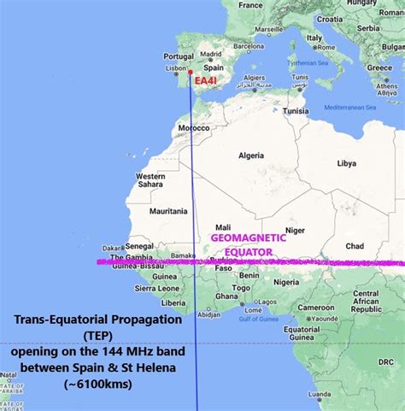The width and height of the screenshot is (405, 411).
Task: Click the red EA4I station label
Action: [x=206, y=82]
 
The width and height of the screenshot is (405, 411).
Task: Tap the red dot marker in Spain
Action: [x=190, y=72]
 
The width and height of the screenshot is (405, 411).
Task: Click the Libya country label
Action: [x=346, y=162]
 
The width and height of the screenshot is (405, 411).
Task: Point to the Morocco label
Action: [x=193, y=128]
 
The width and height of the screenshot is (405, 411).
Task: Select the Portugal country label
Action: [x=173, y=56]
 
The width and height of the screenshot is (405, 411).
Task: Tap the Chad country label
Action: [x=353, y=246]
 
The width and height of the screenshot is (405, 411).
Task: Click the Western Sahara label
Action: [x=150, y=181]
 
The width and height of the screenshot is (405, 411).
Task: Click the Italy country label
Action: [x=314, y=38]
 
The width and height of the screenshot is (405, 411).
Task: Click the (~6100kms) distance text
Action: [x=97, y=385]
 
